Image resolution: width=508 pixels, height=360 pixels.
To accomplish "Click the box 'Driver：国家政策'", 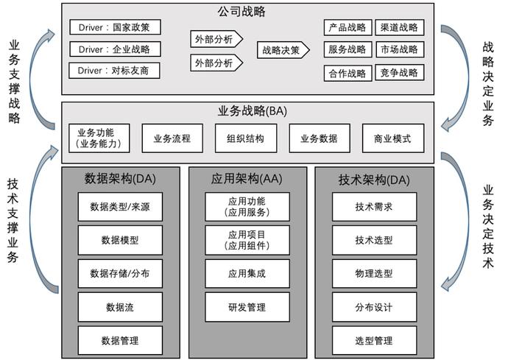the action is click(x=115, y=27).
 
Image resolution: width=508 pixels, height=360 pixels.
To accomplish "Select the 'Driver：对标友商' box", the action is click(x=114, y=71).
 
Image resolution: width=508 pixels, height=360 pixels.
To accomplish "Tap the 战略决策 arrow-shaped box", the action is click(x=283, y=50).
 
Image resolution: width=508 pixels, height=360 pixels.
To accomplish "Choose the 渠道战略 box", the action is click(x=400, y=27).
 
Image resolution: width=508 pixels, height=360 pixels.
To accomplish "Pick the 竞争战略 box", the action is click(x=400, y=73).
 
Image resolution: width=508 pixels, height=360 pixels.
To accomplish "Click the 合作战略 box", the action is click(x=348, y=73).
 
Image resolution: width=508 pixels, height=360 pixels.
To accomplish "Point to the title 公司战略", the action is click(x=241, y=12).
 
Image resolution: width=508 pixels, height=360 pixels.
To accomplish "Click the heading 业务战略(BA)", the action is click(x=253, y=111).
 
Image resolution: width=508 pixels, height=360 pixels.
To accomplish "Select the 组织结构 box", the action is click(x=246, y=138).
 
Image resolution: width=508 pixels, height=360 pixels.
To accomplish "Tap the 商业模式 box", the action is click(x=393, y=138).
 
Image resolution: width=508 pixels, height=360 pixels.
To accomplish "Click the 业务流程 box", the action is click(x=172, y=138).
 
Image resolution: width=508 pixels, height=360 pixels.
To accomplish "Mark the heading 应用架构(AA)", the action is click(x=247, y=179).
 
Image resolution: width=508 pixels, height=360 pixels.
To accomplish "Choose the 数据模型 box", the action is click(x=120, y=240).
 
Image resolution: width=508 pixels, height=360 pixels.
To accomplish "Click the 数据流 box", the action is click(x=120, y=307).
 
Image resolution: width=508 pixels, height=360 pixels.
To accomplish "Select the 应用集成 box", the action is click(x=247, y=273).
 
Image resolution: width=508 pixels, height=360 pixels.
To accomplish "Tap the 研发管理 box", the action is click(x=247, y=307).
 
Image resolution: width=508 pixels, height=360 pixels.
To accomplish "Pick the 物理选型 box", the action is click(x=374, y=273).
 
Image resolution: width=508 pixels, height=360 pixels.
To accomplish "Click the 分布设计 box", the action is click(x=374, y=307).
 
